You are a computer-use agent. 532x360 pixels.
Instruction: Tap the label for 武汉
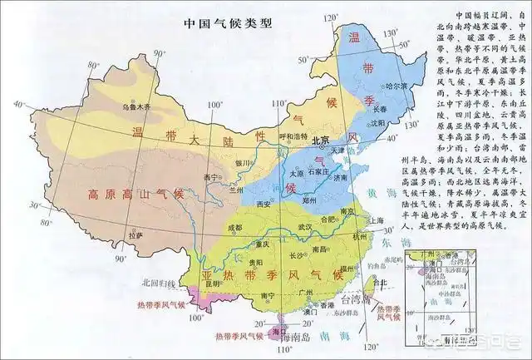point(306,226)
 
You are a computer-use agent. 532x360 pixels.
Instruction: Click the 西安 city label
point(264,204)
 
